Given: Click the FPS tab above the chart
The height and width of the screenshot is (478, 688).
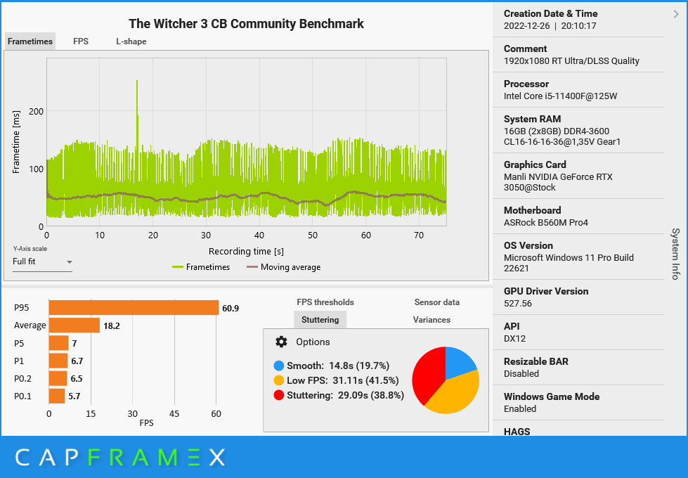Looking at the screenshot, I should pyautogui.click(x=81, y=41).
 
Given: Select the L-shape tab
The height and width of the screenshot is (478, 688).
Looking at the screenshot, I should pyautogui.click(x=131, y=41).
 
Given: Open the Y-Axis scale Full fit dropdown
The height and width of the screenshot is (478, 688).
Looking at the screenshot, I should pyautogui.click(x=43, y=262).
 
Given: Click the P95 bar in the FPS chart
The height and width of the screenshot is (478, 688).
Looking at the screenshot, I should pyautogui.click(x=134, y=308).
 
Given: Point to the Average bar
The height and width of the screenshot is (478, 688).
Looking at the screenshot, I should pyautogui.click(x=74, y=325).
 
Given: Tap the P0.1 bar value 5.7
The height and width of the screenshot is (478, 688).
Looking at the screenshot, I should pyautogui.click(x=74, y=396).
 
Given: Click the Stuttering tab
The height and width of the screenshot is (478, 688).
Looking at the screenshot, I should pyautogui.click(x=320, y=320).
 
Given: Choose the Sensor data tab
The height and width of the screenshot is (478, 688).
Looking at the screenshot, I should pyautogui.click(x=436, y=302).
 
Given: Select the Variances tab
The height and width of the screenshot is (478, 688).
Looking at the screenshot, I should pyautogui.click(x=431, y=320).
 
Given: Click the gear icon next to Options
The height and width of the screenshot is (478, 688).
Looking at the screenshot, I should pyautogui.click(x=281, y=342).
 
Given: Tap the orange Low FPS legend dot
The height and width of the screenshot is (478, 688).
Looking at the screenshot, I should pyautogui.click(x=279, y=380).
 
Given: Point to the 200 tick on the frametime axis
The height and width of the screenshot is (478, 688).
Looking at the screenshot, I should pyautogui.click(x=36, y=111).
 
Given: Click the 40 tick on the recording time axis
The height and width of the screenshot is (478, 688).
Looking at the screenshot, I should pyautogui.click(x=259, y=235).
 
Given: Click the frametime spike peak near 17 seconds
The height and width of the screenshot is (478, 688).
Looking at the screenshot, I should pyautogui.click(x=137, y=82).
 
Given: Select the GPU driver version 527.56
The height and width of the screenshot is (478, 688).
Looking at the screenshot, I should pyautogui.click(x=518, y=304).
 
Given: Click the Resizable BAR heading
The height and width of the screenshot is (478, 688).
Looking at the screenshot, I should pyautogui.click(x=536, y=361).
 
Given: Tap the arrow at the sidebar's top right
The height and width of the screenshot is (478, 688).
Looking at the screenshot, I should pyautogui.click(x=676, y=13).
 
